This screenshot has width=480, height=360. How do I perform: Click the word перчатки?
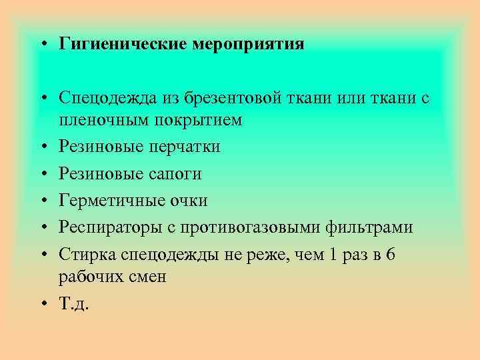point(183,147)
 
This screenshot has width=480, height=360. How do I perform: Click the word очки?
point(189,201)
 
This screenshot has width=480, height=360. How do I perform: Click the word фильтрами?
point(369,228)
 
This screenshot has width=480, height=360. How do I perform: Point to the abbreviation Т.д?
point(73,303)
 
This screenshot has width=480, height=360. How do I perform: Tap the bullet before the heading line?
point(41,45)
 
